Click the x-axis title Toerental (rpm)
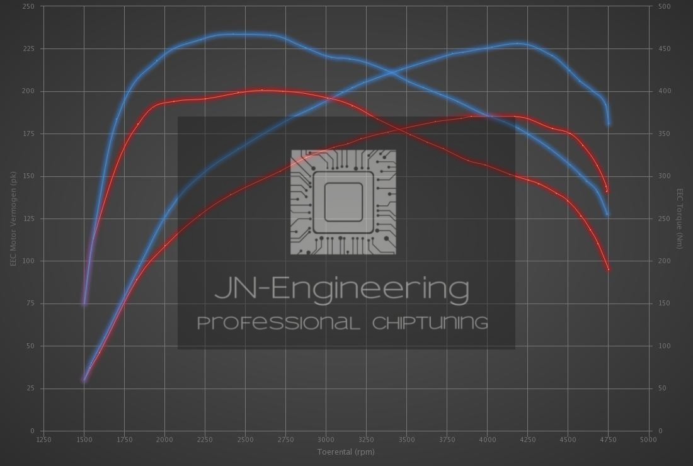click(346, 452)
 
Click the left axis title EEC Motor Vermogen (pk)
click(13, 219)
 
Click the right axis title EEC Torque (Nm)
click(680, 219)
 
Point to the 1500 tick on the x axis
click(84, 440)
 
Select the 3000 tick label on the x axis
click(326, 440)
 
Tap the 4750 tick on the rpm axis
click(608, 440)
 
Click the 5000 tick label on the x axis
click(648, 440)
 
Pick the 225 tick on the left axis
click(29, 48)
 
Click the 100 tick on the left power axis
click(29, 261)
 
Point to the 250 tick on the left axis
click(29, 6)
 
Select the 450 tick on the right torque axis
click(665, 48)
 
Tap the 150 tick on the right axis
click(665, 304)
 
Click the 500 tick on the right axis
click(665, 6)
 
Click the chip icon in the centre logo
click(343, 202)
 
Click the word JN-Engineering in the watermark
click(342, 289)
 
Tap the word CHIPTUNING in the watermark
click(430, 323)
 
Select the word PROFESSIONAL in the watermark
click(278, 323)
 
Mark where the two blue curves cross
click(392, 73)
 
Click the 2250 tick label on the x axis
click(205, 440)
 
